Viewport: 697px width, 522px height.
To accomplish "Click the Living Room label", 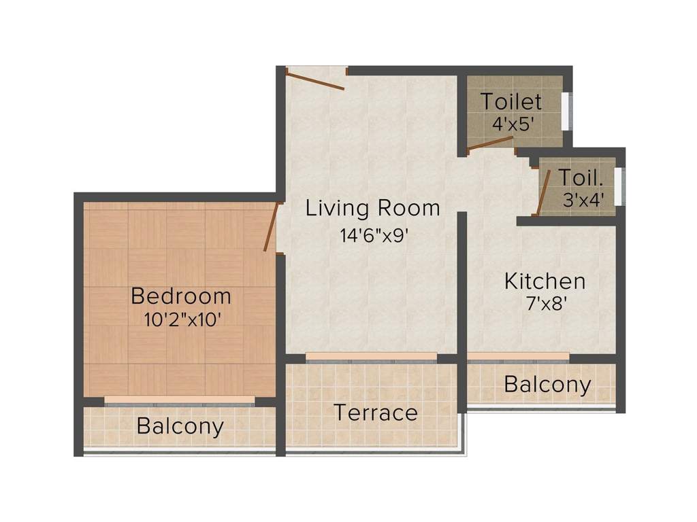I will pos(372,208).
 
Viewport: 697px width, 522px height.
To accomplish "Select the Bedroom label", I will pos(181,296).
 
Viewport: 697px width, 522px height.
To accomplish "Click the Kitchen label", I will pos(545,281).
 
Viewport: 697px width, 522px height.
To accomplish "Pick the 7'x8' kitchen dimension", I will pos(545,304).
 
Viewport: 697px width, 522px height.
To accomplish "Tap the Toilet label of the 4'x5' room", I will pos(511,102).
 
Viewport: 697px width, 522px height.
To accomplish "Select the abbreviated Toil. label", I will pos(581,177).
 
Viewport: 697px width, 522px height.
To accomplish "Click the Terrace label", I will pos(375,413).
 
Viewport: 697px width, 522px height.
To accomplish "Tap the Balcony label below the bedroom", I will pos(180,426).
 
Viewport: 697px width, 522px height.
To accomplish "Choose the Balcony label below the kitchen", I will pos(547,385).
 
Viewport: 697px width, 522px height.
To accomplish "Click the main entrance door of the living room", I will pos(315,80).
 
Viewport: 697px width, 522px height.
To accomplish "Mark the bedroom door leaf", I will pos(270,226).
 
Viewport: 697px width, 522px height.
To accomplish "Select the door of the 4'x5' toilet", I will pos(489,143).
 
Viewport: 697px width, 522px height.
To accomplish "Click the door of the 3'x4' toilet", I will pos(544,192).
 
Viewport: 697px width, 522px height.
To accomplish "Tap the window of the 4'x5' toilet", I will pos(565,109).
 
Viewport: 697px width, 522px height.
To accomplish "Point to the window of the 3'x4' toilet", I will pos(618,185).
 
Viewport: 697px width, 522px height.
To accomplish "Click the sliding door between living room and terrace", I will pos(371,357).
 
